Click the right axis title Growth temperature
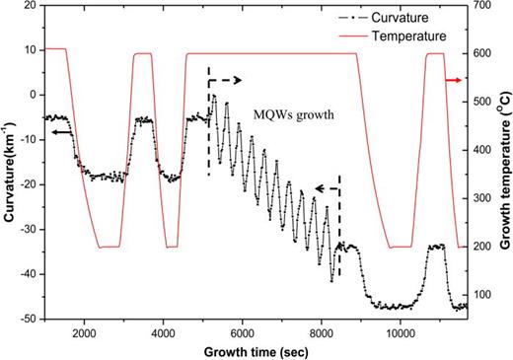[x=503, y=163]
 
